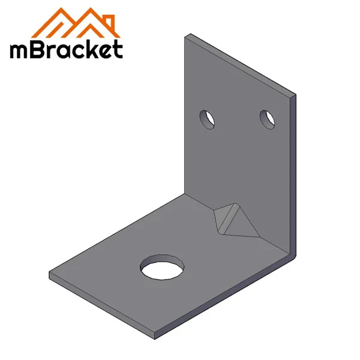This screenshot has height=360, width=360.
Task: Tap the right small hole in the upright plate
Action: (267, 118)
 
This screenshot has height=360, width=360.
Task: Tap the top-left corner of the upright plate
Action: (185, 35)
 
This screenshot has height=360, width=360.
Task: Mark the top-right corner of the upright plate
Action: (294, 94)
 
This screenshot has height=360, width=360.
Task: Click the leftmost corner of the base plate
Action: (50, 277)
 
